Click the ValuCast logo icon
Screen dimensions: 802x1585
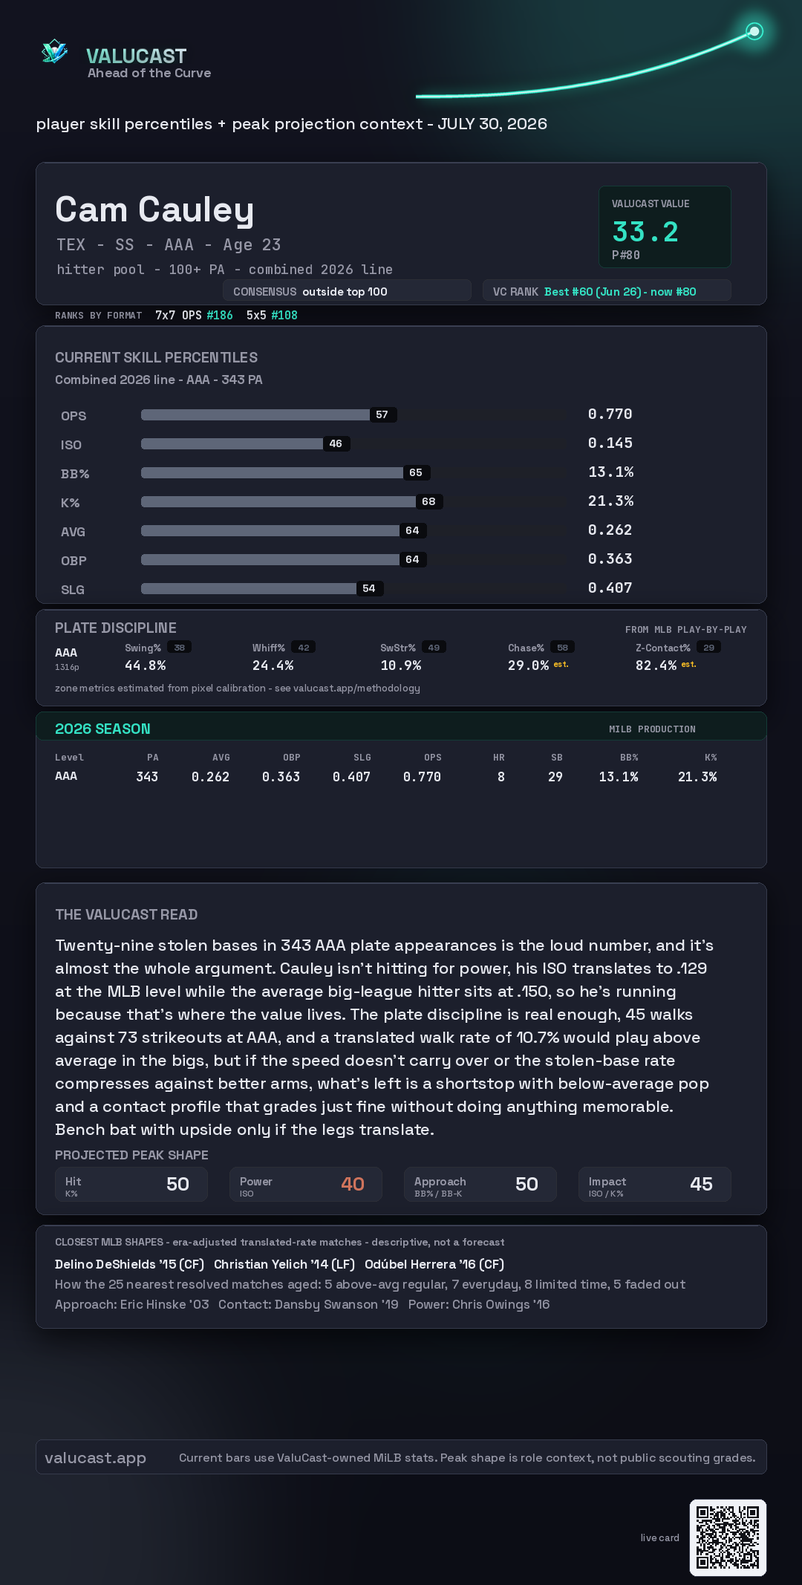coord(54,51)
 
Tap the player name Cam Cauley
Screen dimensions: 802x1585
coord(154,209)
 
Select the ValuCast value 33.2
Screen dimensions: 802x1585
coord(645,232)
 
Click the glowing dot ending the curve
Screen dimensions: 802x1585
coord(754,31)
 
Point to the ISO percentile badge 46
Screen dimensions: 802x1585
coord(336,443)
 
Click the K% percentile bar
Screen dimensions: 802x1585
coord(278,501)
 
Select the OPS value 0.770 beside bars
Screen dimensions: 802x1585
coord(610,414)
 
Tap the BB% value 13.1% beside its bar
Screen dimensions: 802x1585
coord(610,472)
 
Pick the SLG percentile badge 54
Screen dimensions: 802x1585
coord(369,588)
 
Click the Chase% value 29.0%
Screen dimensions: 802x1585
coord(528,665)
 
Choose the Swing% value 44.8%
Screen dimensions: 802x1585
coord(145,665)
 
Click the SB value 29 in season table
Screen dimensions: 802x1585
coord(555,777)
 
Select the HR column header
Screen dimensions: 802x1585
coord(499,758)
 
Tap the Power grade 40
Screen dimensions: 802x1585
coord(353,1184)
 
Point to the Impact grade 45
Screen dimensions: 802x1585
coord(701,1184)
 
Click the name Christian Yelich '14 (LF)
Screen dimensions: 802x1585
coord(284,1264)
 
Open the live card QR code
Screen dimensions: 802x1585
coord(728,1537)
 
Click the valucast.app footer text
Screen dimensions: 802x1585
coord(95,1458)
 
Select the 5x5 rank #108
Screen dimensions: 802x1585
coord(284,315)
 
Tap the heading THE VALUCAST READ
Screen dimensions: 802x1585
coord(126,914)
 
